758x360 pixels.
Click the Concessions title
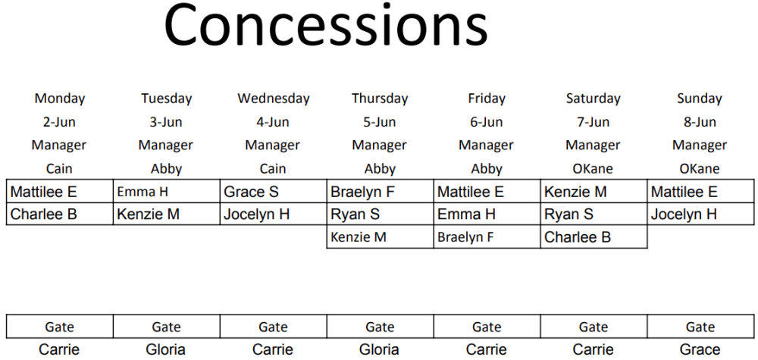326,25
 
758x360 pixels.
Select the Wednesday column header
273,99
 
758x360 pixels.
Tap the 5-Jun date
380,122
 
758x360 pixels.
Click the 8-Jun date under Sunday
700,122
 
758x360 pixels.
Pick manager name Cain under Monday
59,169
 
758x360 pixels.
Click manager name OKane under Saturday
593,169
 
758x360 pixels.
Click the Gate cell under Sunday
700,327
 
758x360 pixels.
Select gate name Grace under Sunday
700,349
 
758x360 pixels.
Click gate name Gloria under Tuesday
165,349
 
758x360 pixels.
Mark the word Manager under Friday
486,145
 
